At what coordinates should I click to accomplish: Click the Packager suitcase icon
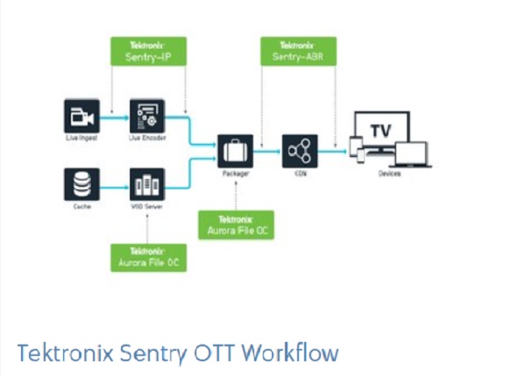click(x=235, y=152)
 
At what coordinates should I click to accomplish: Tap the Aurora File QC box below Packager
click(x=236, y=224)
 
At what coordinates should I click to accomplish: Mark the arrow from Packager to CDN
click(x=267, y=152)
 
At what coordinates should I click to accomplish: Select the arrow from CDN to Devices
click(x=332, y=152)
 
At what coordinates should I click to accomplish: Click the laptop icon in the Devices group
click(x=411, y=154)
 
